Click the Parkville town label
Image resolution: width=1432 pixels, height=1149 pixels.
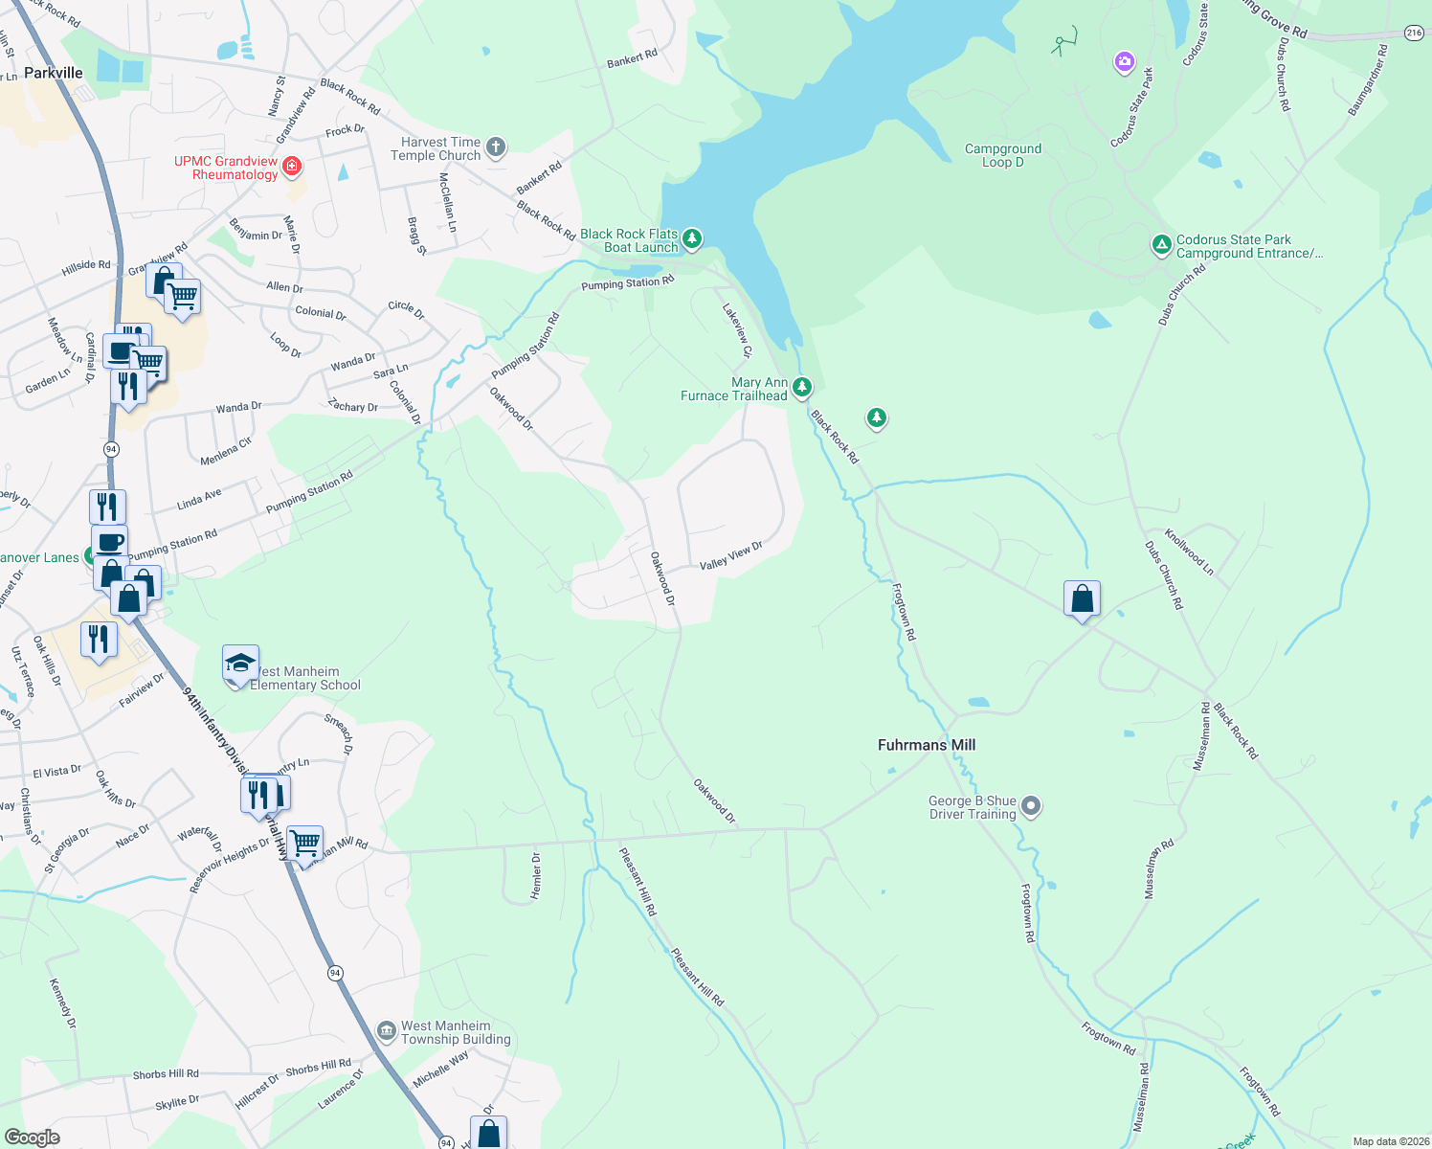click(54, 73)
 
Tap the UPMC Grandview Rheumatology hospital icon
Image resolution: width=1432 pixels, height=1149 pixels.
click(293, 168)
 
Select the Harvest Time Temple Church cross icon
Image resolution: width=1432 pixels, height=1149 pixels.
click(495, 147)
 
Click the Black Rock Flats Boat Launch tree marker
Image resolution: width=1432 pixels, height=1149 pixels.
click(692, 238)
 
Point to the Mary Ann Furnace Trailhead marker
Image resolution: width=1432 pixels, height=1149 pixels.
click(802, 388)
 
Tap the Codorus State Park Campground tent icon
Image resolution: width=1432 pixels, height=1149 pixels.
click(1161, 246)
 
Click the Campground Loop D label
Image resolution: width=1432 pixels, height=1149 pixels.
click(1002, 155)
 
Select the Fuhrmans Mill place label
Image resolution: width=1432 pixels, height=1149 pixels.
click(926, 745)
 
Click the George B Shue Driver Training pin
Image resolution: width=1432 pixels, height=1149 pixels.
click(1031, 806)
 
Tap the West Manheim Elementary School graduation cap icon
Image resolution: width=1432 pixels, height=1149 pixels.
click(240, 664)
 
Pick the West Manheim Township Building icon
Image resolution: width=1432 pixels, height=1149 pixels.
click(386, 1031)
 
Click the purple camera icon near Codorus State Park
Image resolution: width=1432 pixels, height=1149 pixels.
click(1124, 63)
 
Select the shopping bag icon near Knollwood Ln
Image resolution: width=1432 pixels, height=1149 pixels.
click(1082, 599)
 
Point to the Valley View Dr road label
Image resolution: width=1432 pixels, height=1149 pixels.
click(730, 556)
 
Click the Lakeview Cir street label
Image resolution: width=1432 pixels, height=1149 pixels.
click(736, 330)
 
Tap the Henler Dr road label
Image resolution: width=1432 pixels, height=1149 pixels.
click(536, 875)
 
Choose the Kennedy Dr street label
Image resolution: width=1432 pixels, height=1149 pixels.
click(63, 1003)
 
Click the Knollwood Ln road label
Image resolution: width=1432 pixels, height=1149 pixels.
click(1189, 552)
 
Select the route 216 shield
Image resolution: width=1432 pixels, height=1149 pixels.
click(1414, 33)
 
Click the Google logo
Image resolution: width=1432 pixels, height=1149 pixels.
click(32, 1137)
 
